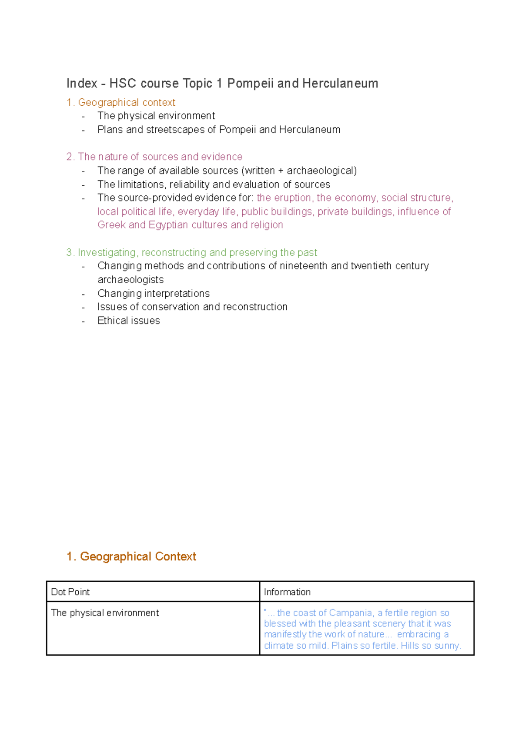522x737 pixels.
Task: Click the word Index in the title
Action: coord(81,83)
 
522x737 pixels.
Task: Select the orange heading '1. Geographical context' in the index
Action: coord(121,103)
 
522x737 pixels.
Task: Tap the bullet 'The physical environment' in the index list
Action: coord(156,116)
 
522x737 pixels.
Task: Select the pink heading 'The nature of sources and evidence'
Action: coord(154,157)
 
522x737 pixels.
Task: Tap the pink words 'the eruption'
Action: coord(284,198)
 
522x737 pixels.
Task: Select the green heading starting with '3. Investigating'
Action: coord(191,253)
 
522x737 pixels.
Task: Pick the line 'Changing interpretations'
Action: coord(154,294)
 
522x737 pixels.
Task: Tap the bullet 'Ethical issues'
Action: coord(129,321)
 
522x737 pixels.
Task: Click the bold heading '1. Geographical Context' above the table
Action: coord(131,556)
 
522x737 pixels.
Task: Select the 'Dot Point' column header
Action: coord(70,592)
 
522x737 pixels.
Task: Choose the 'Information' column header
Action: coord(287,592)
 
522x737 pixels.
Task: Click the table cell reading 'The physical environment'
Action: coord(105,613)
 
